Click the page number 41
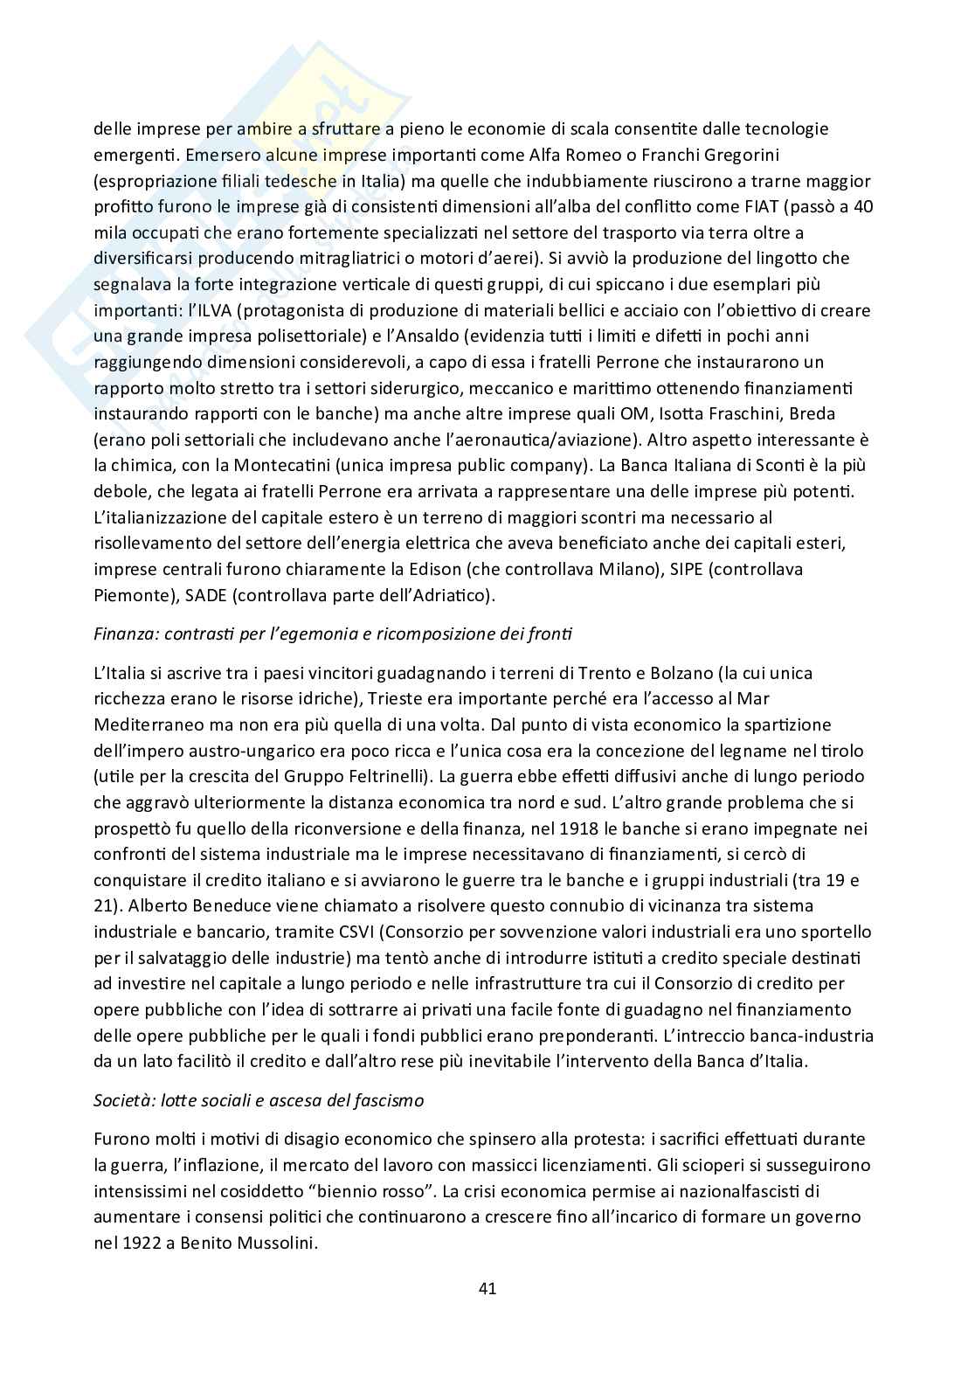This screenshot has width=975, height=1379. (x=487, y=1288)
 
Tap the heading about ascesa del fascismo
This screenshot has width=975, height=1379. (x=259, y=1100)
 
